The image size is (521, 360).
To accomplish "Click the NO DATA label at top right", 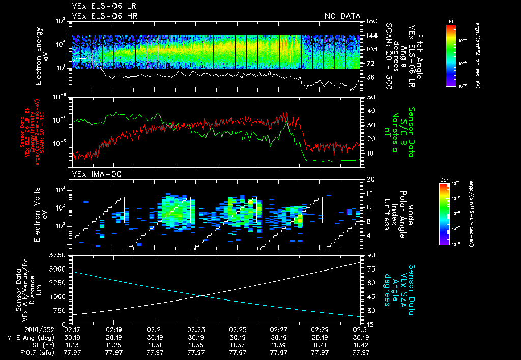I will tap(342, 16).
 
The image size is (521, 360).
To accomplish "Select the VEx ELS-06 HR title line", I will tap(104, 16).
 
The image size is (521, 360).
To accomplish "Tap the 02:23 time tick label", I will tap(196, 329).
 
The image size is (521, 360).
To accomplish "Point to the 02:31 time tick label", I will tap(361, 329).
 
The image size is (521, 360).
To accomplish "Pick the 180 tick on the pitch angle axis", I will tap(371, 21).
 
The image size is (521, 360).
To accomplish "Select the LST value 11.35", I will tap(196, 344).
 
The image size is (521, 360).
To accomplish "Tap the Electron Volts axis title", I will tap(41, 214).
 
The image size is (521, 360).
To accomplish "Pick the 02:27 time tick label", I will tap(278, 329).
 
